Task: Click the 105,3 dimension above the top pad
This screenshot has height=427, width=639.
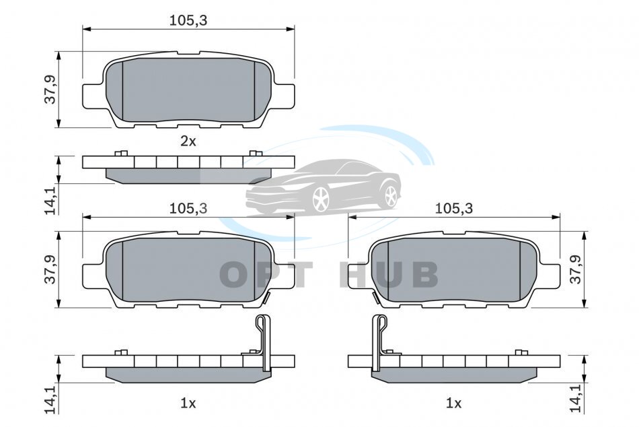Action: click(188, 20)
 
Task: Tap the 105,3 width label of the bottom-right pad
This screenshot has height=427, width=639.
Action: click(454, 209)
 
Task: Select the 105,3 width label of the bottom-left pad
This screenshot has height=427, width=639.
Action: click(188, 209)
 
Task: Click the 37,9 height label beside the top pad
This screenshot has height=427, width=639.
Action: click(50, 90)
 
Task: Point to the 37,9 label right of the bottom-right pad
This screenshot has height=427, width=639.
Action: click(575, 269)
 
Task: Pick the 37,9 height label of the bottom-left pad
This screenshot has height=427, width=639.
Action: click(50, 269)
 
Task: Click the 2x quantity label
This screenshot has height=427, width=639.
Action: click(188, 141)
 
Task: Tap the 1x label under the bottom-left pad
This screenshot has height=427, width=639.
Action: click(188, 403)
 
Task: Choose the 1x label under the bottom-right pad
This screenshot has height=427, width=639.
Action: click(453, 403)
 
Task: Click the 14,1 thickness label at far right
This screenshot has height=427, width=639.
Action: click(575, 399)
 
